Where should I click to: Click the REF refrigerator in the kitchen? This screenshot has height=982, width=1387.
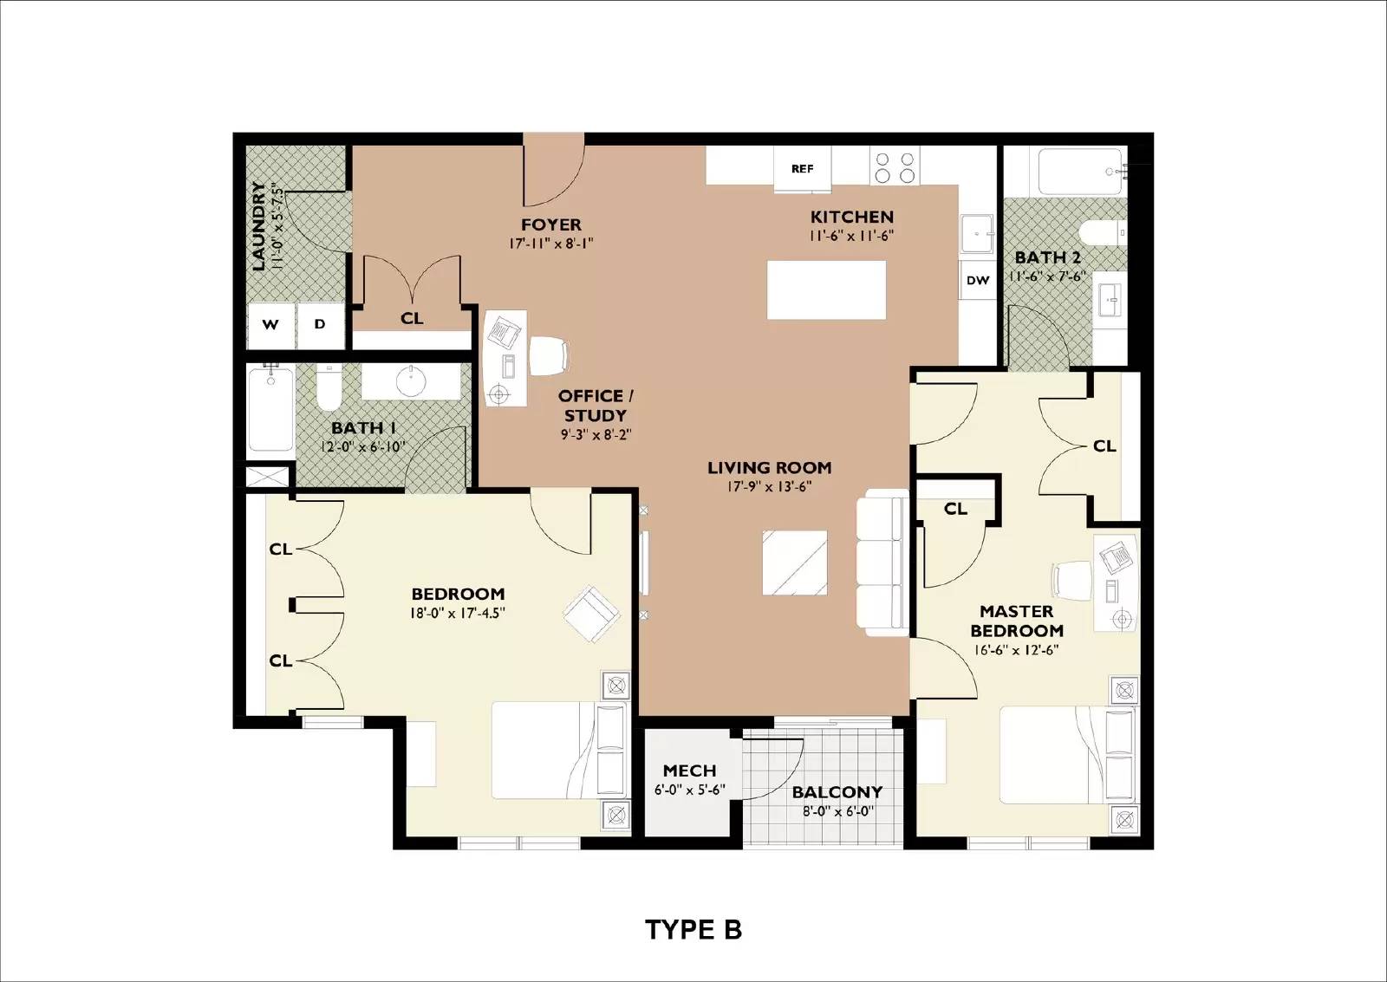pos(803,168)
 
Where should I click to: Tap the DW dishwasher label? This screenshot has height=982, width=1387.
pos(978,281)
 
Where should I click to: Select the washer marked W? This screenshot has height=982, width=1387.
pos(270,324)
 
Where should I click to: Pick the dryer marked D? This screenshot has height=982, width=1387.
pos(320,324)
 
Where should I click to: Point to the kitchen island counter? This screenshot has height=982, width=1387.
pos(827,289)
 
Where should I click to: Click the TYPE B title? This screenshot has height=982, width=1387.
pos(693,930)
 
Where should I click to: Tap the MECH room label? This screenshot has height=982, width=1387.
pos(689,771)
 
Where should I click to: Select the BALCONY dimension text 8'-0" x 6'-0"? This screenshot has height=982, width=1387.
pos(837,811)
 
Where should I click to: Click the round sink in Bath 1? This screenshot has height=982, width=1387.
pos(410,380)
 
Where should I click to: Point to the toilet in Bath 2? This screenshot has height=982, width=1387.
pos(1103,233)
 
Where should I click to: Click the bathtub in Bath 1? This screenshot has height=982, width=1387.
pos(270,407)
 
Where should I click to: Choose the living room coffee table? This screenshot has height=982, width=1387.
pos(795,563)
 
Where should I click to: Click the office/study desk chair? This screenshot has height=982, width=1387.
pos(550,355)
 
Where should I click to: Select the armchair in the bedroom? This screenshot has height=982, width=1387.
pos(591,614)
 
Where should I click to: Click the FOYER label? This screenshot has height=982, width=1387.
pos(551,224)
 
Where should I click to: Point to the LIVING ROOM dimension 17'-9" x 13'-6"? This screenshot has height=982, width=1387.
pos(770,486)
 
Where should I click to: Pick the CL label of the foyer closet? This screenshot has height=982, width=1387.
pos(412,318)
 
